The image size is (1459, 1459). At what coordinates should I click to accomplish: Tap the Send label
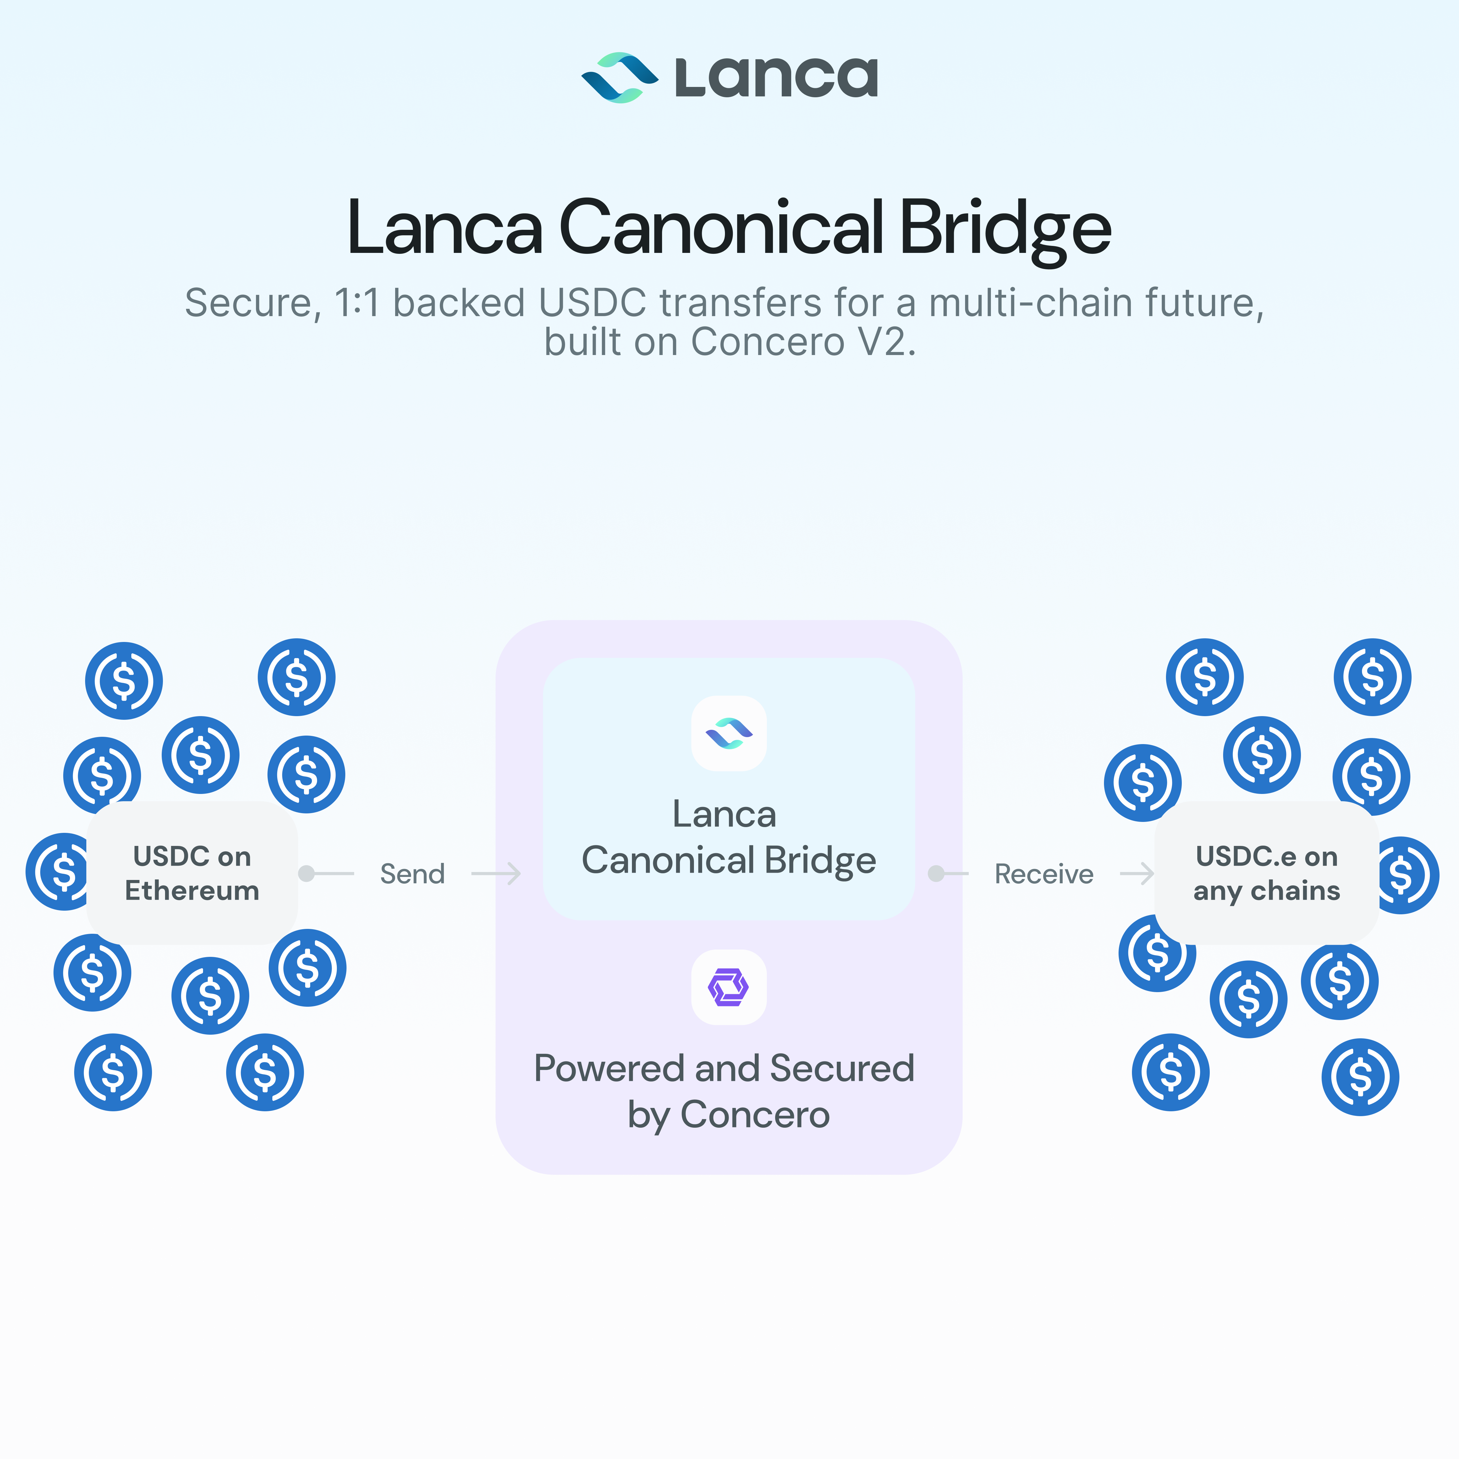(412, 874)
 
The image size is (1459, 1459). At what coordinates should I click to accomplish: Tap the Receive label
(1044, 874)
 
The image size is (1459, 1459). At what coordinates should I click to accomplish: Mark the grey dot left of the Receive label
(936, 874)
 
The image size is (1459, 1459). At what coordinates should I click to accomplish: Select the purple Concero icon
(729, 987)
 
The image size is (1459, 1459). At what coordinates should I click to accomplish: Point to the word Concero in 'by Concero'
(755, 1115)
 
